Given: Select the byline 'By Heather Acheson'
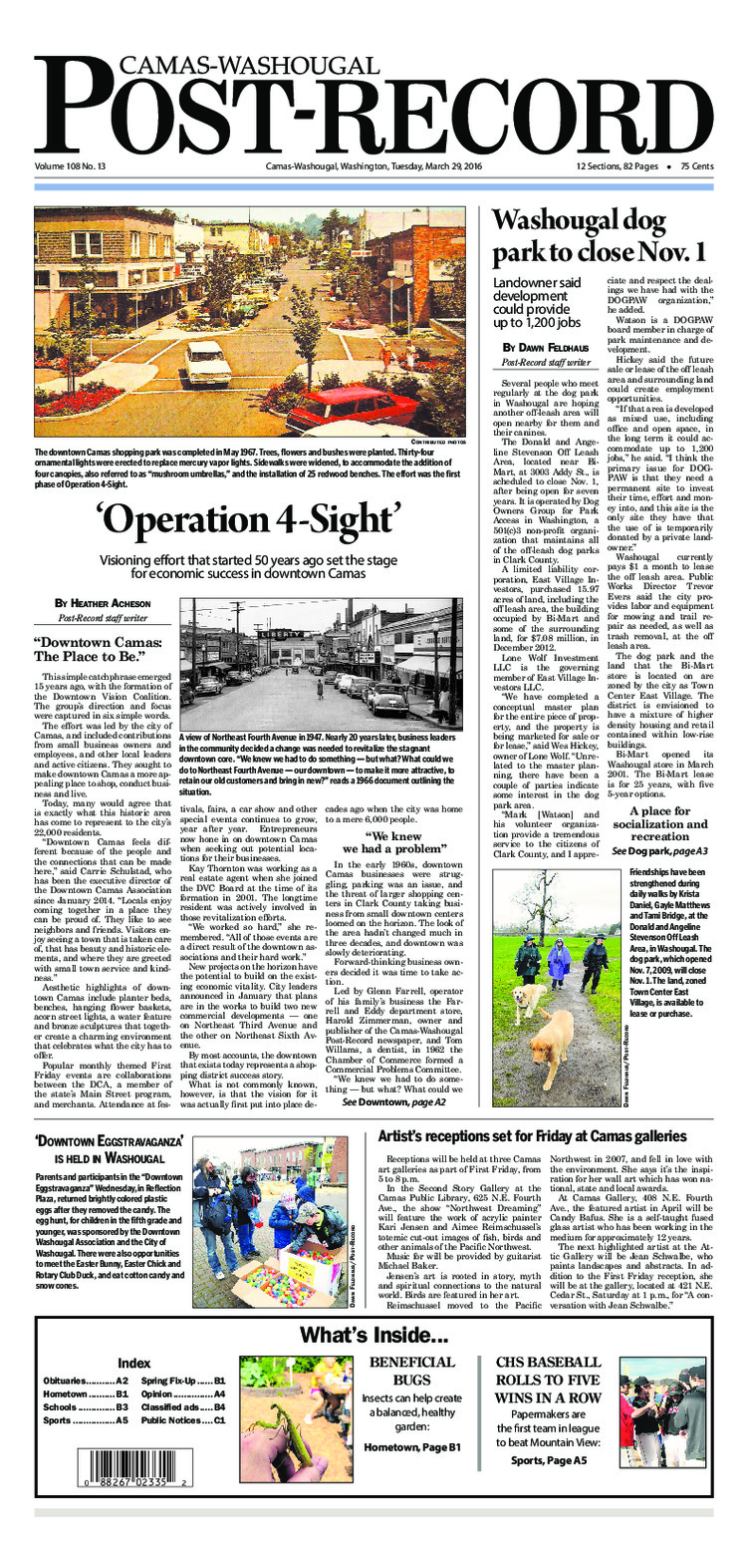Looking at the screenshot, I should pos(103,604).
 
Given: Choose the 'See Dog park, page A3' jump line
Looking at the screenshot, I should pos(660,851).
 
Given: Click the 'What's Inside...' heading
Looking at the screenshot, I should pos(373,1336).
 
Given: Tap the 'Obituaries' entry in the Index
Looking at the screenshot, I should pos(71,1380).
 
